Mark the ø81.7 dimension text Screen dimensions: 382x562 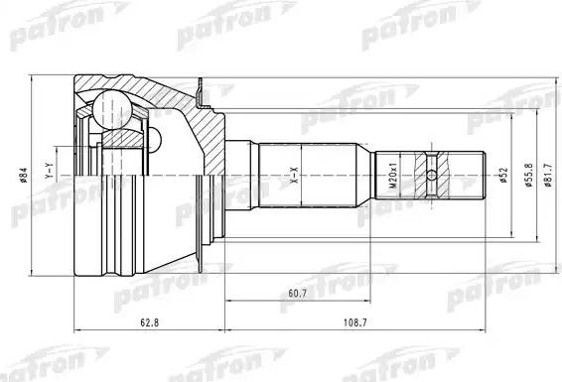coord(534,177)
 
